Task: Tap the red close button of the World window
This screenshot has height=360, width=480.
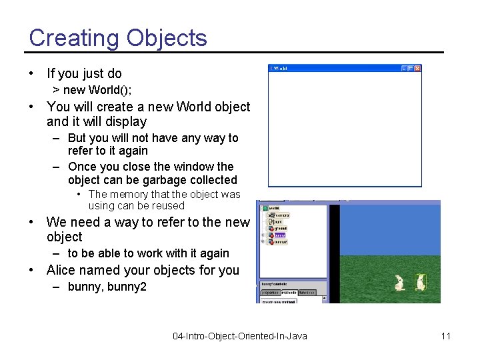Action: pyautogui.click(x=418, y=68)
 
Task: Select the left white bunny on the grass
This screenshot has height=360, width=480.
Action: pyautogui.click(x=399, y=283)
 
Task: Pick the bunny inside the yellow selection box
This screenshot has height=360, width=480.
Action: pyautogui.click(x=420, y=282)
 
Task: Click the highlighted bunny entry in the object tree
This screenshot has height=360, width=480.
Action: pyautogui.click(x=279, y=235)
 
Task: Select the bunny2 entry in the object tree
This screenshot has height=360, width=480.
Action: pyautogui.click(x=281, y=241)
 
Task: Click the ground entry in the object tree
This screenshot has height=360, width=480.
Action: pyautogui.click(x=281, y=228)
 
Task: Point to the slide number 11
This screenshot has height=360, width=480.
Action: pyautogui.click(x=445, y=336)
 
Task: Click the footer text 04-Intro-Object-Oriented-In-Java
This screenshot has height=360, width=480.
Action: pyautogui.click(x=240, y=336)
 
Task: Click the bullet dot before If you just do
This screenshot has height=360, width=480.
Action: pyautogui.click(x=32, y=73)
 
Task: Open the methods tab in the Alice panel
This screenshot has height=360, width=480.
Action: pyautogui.click(x=289, y=292)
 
